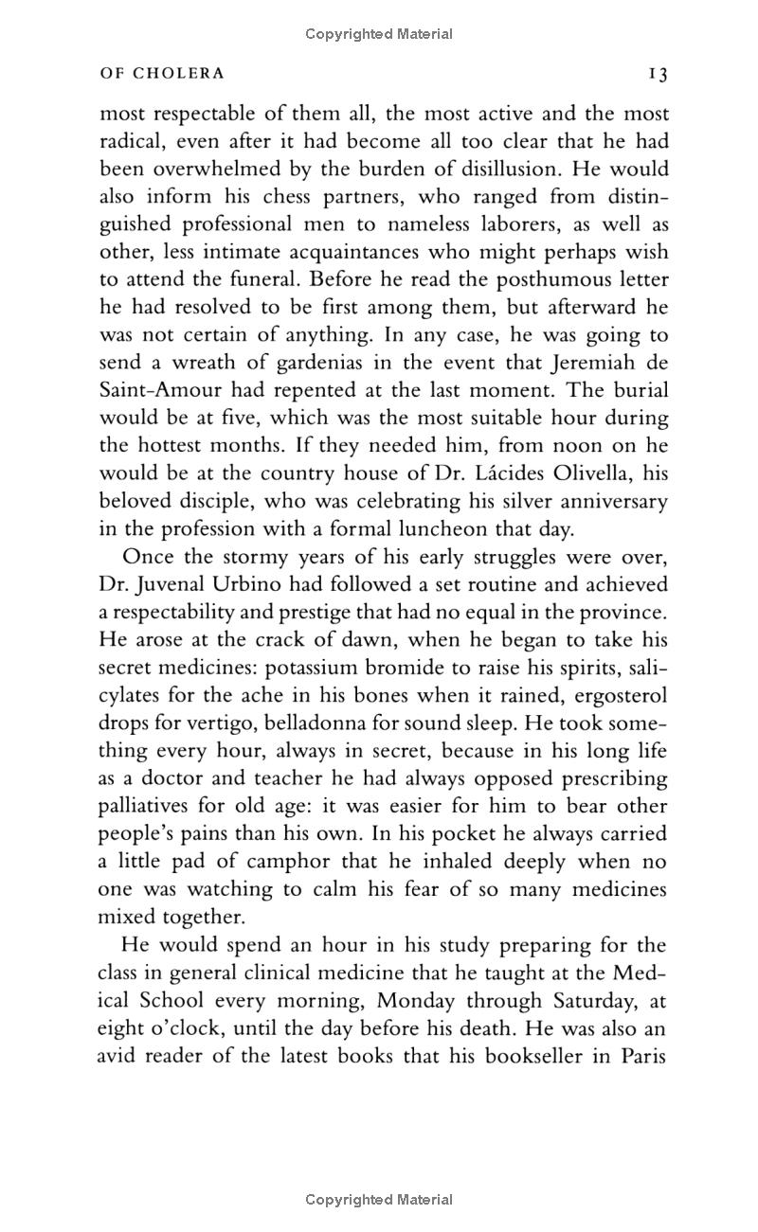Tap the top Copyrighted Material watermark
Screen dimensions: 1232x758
pos(379,34)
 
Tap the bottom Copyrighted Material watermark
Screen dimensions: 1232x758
pos(379,1199)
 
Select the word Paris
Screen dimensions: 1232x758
pos(644,1056)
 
